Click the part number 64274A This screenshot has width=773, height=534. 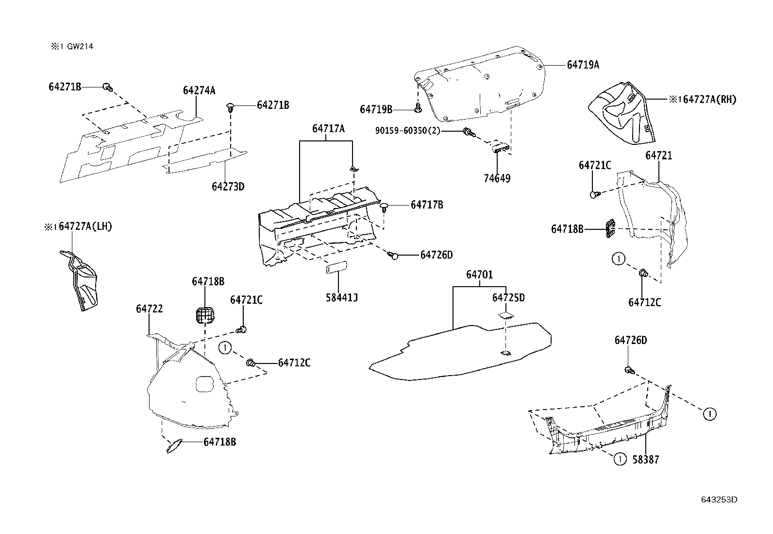[x=199, y=90]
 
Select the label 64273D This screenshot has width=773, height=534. [x=228, y=187]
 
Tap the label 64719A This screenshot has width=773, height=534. [x=583, y=65]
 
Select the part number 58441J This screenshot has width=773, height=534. [x=341, y=297]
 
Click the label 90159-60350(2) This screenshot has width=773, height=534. [x=407, y=131]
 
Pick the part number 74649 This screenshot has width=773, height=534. [x=497, y=178]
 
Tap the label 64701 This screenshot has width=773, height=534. [x=479, y=275]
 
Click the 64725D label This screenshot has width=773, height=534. [x=508, y=297]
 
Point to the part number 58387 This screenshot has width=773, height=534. [x=645, y=459]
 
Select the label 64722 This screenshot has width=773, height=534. [x=149, y=309]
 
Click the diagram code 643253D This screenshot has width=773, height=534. [x=719, y=500]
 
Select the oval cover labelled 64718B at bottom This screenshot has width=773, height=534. [x=174, y=446]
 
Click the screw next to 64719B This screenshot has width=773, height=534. [x=417, y=108]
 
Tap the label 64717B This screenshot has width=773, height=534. [x=426, y=205]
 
